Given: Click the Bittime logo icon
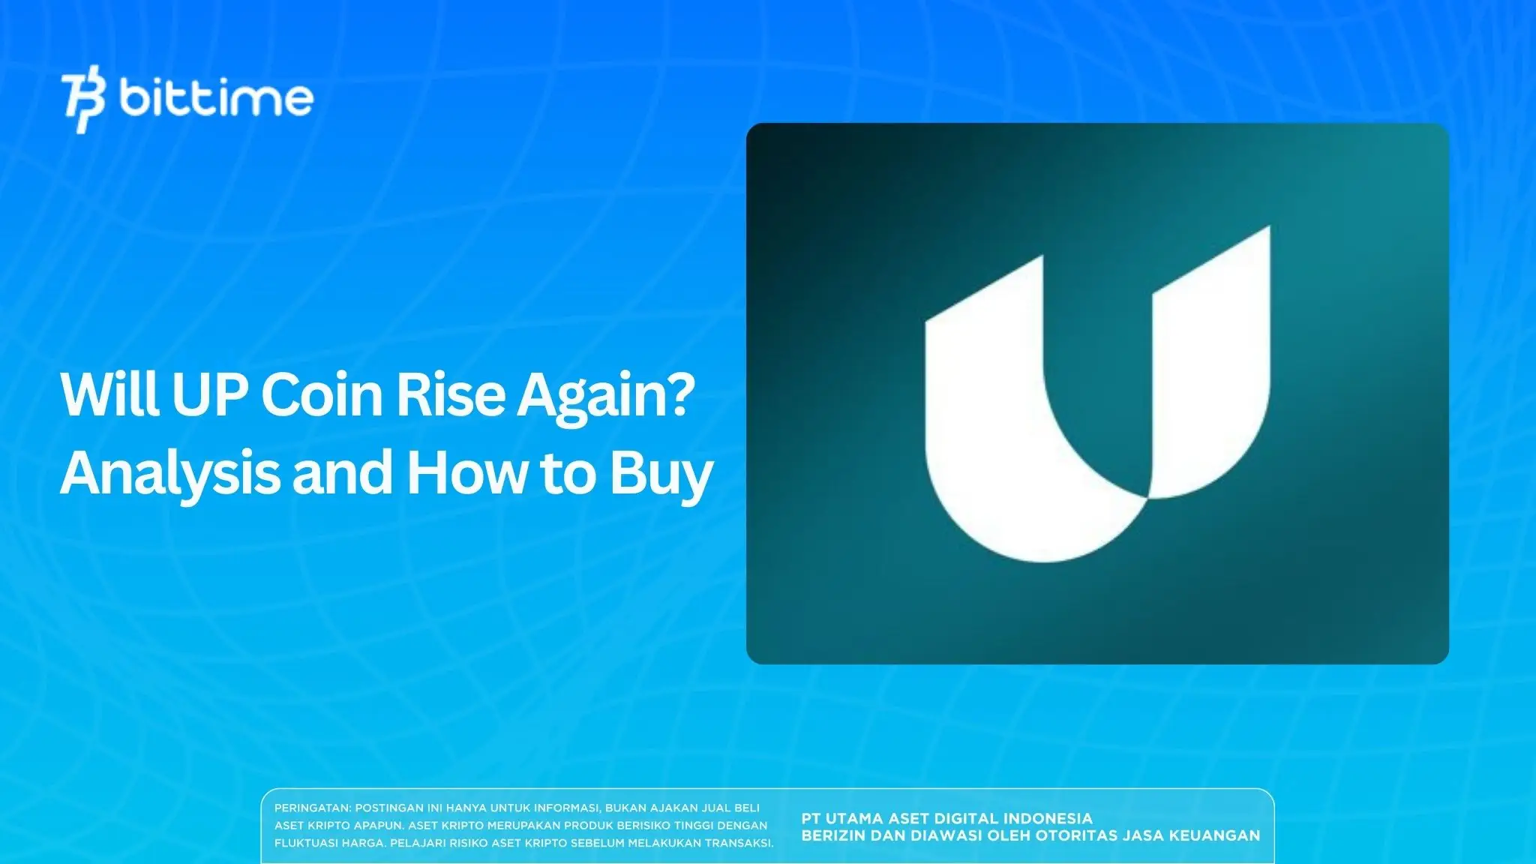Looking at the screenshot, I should click(84, 102).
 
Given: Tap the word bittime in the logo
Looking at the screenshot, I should click(216, 97).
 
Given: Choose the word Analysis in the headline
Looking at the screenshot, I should click(169, 474).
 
